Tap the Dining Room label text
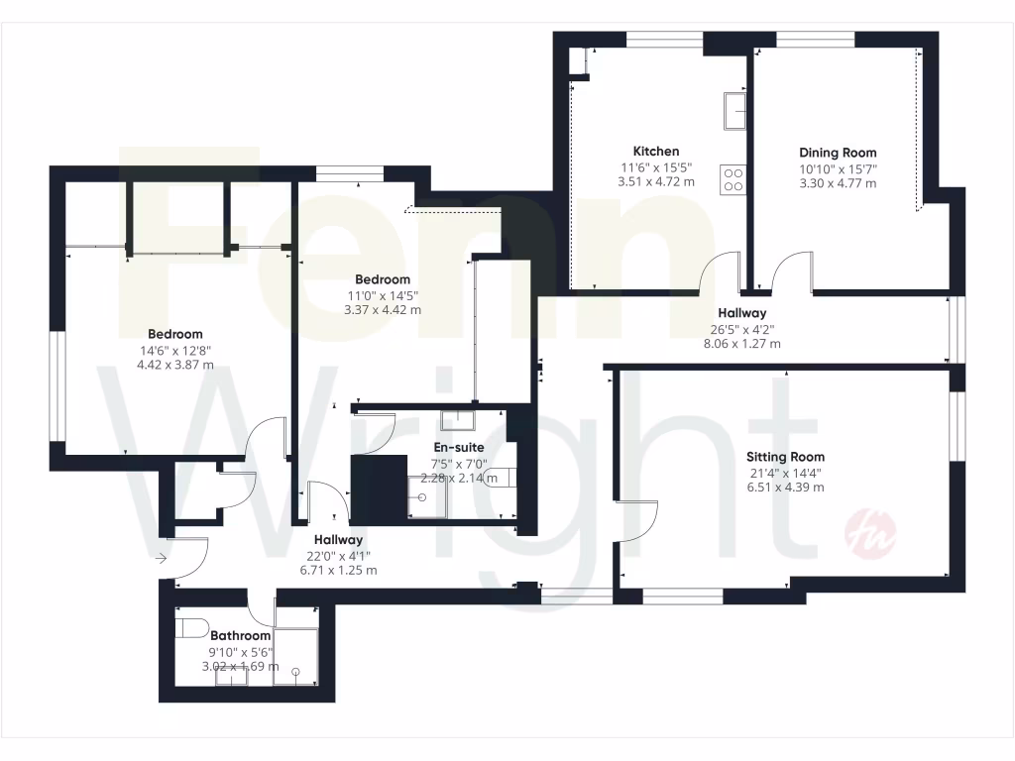coord(838,153)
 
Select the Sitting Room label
coord(785,458)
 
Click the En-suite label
coord(457,449)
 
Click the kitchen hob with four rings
coord(733,178)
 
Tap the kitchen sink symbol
coord(735,110)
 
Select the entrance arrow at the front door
coord(162,559)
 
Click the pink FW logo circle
coord(869,536)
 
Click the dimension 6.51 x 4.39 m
coord(785,487)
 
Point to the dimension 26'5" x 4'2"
coord(740,329)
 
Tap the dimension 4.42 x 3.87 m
coord(175,364)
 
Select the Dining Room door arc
coord(792,272)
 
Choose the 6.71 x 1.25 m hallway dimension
coord(331,570)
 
